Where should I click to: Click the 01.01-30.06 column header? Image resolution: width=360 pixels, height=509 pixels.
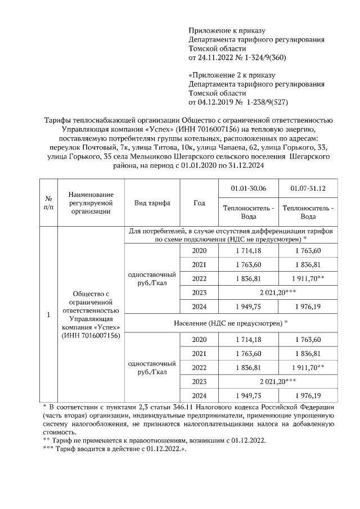click(248, 188)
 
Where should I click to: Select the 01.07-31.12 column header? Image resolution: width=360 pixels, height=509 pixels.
click(308, 188)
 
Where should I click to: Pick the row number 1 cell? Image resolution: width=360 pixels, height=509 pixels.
click(48, 314)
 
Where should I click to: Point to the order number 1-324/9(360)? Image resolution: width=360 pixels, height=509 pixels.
click(263, 57)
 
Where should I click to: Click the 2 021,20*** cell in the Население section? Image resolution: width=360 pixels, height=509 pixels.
click(278, 382)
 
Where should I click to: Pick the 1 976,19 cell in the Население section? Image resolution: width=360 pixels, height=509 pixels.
click(308, 396)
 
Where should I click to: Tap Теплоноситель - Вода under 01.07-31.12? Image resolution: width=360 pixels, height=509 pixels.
click(308, 211)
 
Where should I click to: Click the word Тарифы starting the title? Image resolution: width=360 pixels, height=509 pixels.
click(57, 120)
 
